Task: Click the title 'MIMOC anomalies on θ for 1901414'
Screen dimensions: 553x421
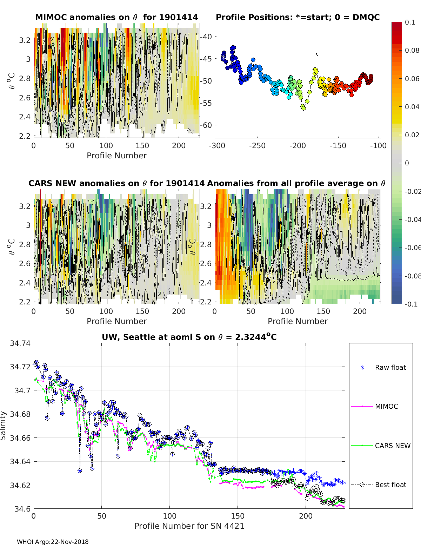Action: [x=116, y=17]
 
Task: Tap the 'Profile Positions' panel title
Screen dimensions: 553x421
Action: [x=298, y=17]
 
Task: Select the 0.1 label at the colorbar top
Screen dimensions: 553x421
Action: [x=410, y=22]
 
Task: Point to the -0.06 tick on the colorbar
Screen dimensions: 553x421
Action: [x=412, y=248]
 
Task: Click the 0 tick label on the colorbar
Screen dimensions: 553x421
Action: [x=407, y=163]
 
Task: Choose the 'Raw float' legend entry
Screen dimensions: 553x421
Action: [x=390, y=367]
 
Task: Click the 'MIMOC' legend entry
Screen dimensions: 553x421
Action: [x=386, y=406]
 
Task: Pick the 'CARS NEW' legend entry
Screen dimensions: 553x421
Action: [x=393, y=446]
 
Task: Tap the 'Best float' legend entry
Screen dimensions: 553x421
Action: [x=390, y=485]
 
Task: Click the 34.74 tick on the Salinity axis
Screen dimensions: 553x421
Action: [x=20, y=343]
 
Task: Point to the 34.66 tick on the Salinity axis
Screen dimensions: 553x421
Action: [x=20, y=438]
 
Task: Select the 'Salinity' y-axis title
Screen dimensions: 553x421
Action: [x=4, y=426]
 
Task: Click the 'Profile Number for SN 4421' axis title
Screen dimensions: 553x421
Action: [x=189, y=526]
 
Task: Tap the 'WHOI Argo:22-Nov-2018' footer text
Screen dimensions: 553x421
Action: [x=53, y=542]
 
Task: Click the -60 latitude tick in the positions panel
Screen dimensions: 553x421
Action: [x=206, y=125]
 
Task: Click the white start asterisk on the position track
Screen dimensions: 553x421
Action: [x=223, y=57]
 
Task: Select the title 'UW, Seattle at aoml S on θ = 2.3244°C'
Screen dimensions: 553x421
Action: [x=189, y=337]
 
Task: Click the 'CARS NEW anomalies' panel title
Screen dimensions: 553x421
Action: [x=116, y=183]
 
